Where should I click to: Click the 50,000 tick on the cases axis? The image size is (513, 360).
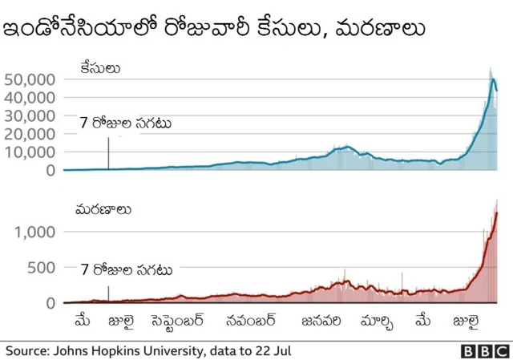(30, 79)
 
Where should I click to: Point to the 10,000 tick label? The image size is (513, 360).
(30, 152)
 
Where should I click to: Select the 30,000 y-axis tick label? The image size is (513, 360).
(30, 115)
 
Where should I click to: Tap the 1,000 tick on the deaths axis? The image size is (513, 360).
(35, 232)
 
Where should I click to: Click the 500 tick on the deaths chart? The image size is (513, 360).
(41, 268)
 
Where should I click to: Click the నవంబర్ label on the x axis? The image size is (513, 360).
(251, 322)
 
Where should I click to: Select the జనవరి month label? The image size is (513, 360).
(321, 322)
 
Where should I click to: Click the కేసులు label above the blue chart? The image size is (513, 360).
(99, 68)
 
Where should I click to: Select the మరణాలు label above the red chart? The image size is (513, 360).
(103, 210)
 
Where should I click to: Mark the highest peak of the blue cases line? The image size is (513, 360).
(493, 79)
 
